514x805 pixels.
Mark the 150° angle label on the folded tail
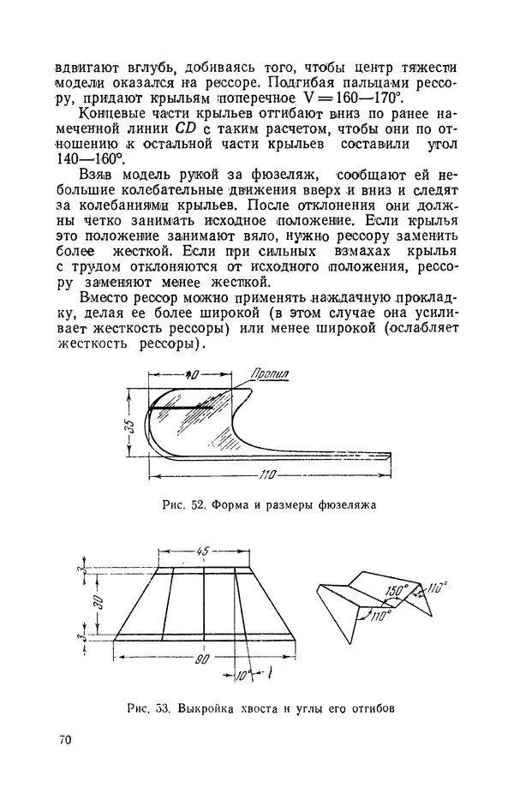click(x=397, y=592)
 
